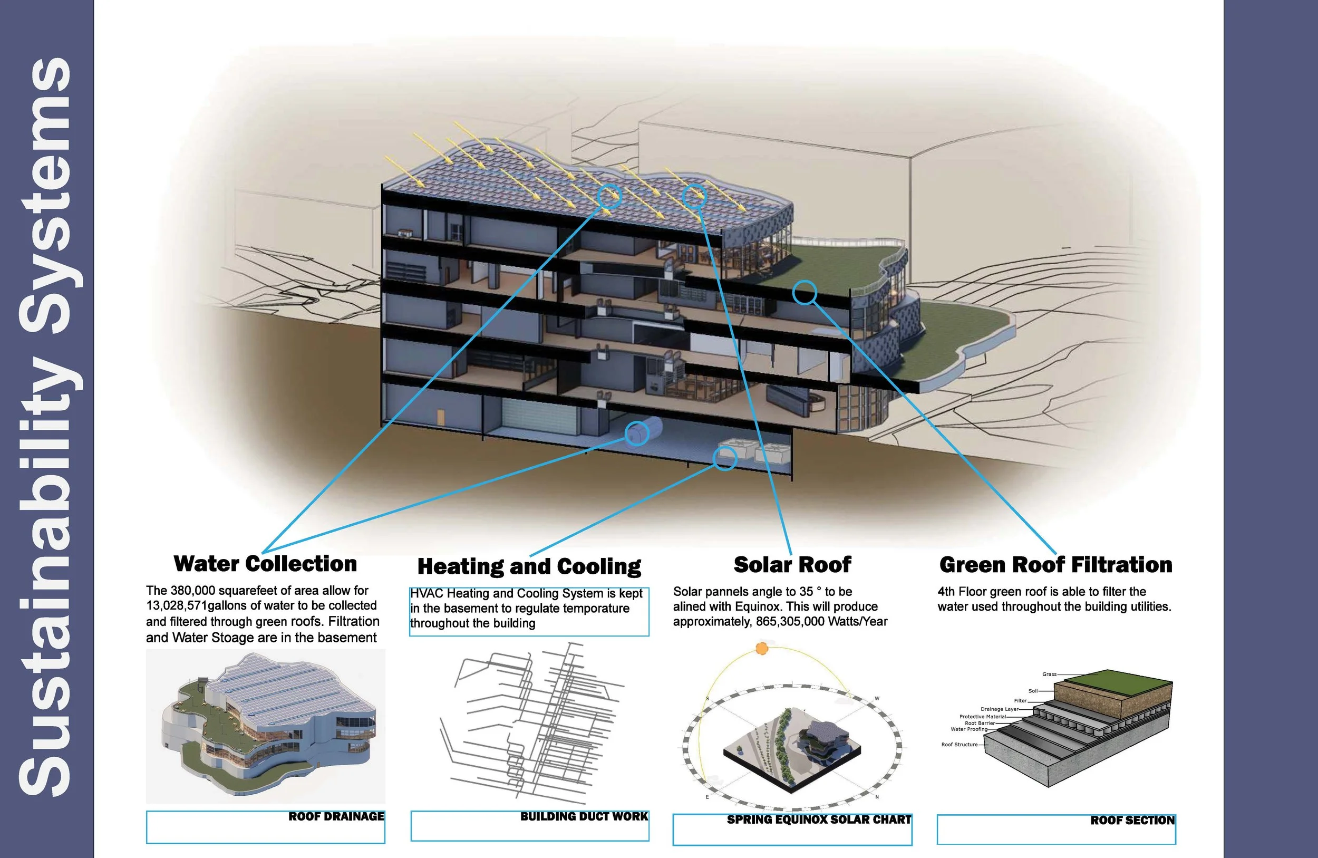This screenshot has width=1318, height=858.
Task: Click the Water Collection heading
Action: tap(265, 564)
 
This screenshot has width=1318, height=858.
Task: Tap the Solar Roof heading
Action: tap(792, 564)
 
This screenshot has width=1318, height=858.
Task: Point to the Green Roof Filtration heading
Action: tap(1055, 564)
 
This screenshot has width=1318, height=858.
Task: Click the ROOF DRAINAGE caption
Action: tap(336, 816)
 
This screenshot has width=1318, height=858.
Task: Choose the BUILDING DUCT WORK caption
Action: tap(584, 816)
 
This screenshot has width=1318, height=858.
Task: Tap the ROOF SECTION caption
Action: tap(1132, 821)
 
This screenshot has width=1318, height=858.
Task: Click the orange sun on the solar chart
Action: tap(762, 649)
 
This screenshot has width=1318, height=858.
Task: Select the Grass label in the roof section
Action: tap(1049, 674)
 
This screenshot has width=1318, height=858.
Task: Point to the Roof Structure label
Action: tap(959, 745)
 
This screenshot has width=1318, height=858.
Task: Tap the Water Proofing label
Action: tap(968, 729)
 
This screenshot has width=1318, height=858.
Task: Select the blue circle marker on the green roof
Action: tap(804, 293)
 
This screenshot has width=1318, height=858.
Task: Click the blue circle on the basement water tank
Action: tap(636, 433)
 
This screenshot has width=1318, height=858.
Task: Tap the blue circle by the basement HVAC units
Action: tap(724, 458)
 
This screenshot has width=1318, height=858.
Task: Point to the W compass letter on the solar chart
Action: tap(877, 698)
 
